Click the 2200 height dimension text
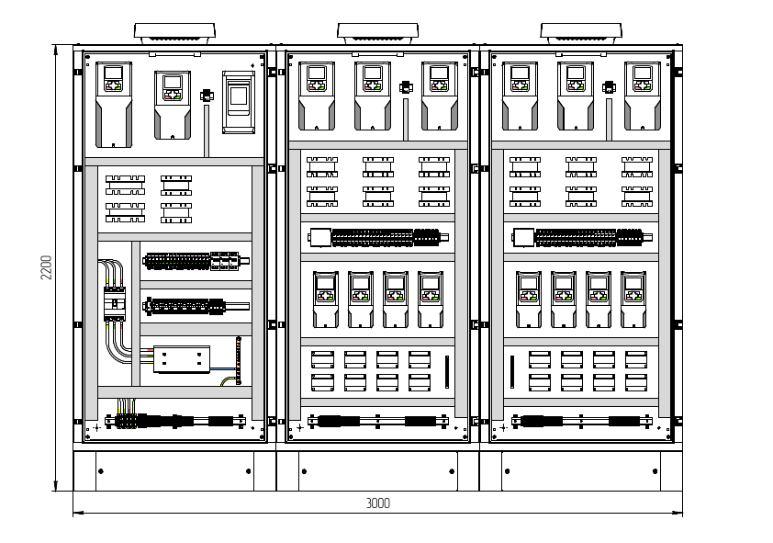point(48,267)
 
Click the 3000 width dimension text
point(377,503)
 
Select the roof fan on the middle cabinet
point(377,32)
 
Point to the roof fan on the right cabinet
point(581,32)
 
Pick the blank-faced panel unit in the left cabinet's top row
point(239,102)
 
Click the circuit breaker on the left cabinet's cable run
point(115,303)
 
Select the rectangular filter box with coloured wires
point(181,359)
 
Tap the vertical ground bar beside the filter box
point(239,361)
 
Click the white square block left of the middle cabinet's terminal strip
point(320,237)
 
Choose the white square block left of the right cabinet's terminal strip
point(523,237)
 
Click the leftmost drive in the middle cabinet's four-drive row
point(326,299)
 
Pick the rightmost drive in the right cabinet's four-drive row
point(633,299)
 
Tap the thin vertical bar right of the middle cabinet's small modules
point(447,372)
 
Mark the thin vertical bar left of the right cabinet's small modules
point(511,372)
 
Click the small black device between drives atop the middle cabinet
point(406,88)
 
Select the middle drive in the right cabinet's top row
point(576,96)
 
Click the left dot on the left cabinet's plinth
point(101,471)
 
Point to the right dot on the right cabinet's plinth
point(655,471)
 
